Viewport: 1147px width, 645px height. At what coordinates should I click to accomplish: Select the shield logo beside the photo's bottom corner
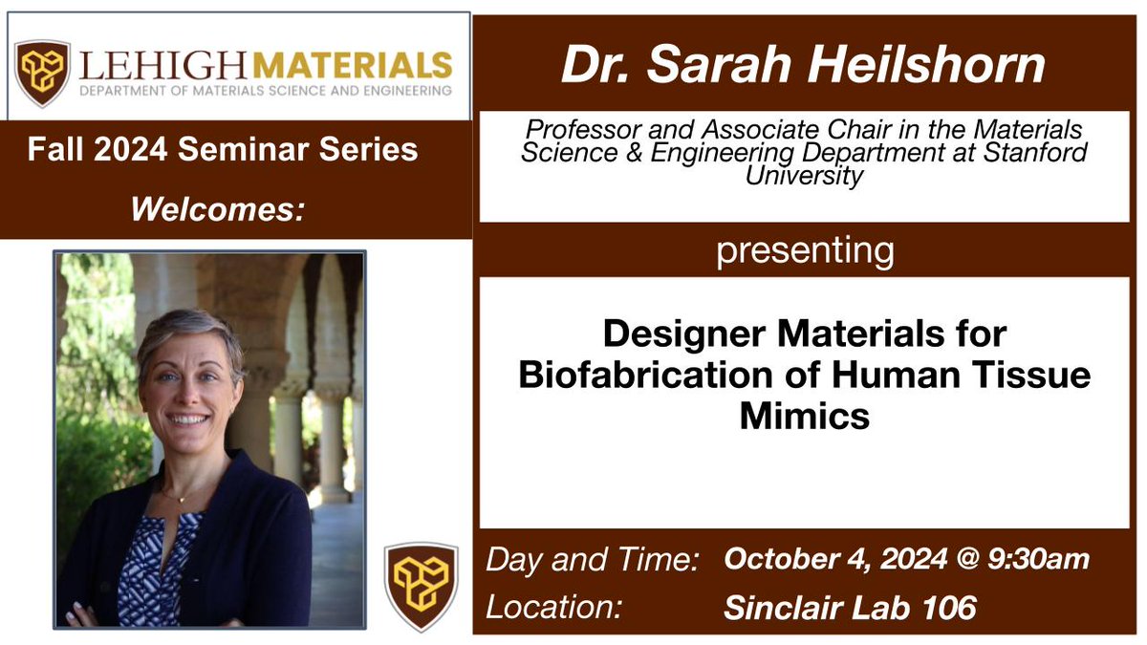coord(422,586)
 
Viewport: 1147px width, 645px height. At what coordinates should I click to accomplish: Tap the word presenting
coord(805,250)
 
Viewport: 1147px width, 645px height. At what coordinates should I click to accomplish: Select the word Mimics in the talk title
coord(804,417)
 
